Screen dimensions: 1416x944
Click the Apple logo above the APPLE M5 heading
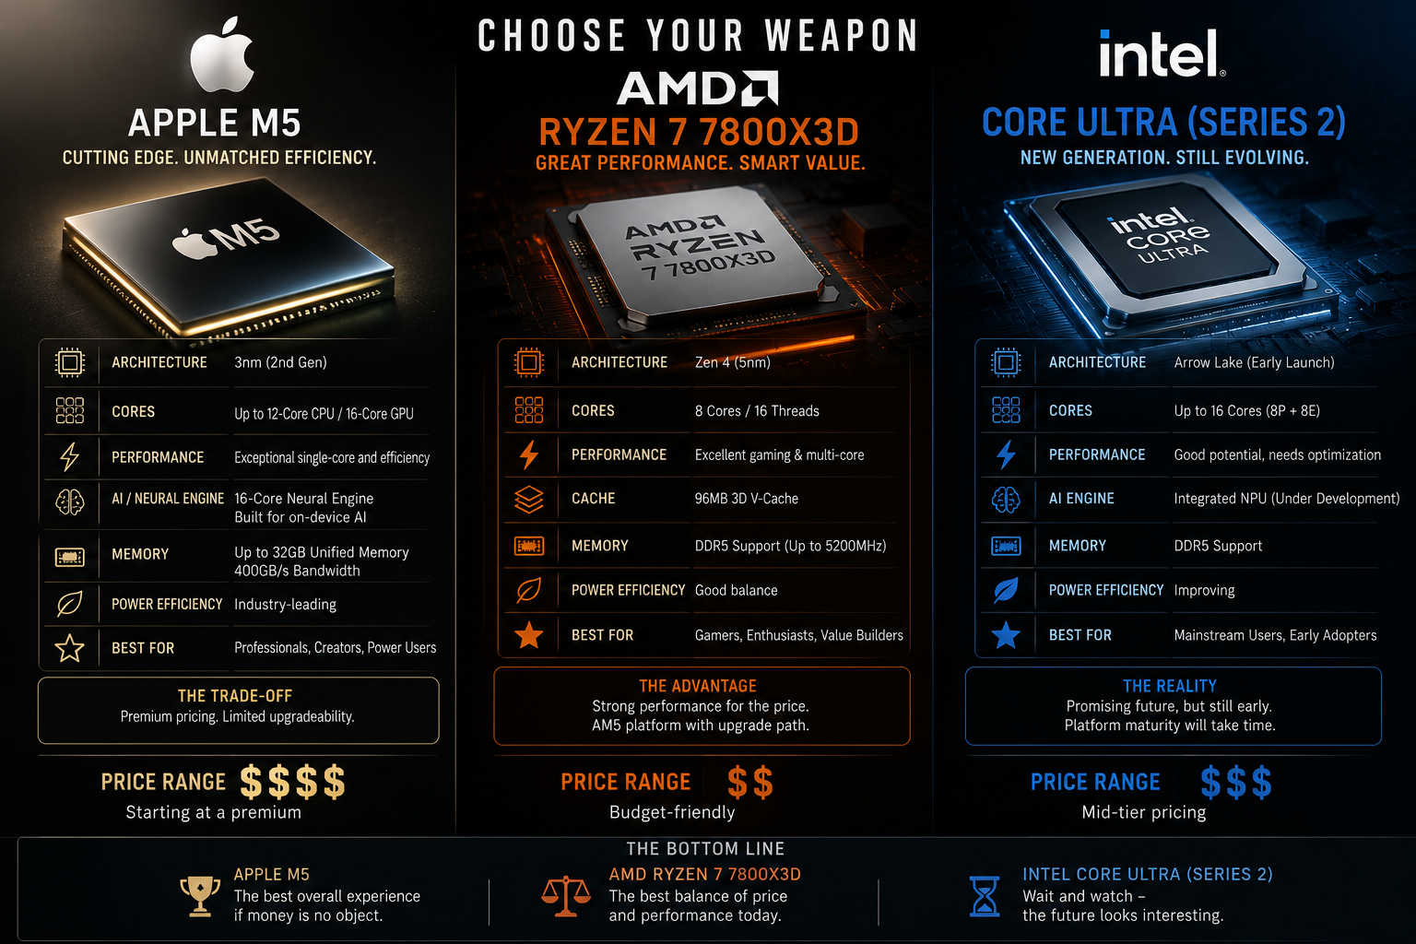[222, 54]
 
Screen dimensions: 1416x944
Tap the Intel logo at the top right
[1162, 53]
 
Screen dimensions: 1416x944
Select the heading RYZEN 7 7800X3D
[699, 132]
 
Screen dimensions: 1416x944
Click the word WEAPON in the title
[842, 35]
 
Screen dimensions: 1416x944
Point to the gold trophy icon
[200, 895]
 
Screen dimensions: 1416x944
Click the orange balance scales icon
[566, 895]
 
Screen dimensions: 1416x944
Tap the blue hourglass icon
[985, 896]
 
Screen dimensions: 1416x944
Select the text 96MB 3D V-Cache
[746, 499]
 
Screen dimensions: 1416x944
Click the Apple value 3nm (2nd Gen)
[280, 362]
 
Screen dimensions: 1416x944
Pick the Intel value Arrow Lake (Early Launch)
[1254, 362]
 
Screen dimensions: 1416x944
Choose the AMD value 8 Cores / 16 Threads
[757, 411]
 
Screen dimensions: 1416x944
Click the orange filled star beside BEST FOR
[529, 635]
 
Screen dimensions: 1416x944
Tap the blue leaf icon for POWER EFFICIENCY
[1006, 590]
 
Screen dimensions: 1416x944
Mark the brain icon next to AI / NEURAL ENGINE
[69, 502]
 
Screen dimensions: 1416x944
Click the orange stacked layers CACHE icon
[529, 499]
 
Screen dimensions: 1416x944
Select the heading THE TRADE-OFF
[235, 696]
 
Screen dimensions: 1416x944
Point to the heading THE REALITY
[1170, 686]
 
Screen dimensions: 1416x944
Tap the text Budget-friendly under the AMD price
[672, 812]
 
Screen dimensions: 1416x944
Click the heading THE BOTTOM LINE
[705, 848]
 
